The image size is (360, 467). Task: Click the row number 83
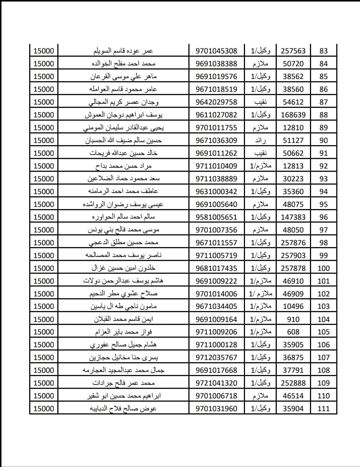323,51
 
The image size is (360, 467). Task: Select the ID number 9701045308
216,51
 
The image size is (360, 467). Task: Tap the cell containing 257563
293,51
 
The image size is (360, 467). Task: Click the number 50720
293,64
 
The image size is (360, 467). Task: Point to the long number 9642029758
216,102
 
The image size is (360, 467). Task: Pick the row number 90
323,140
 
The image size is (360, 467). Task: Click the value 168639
293,115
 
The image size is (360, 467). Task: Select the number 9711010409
216,166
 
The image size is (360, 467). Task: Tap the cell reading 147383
293,217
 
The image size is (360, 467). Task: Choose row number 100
323,268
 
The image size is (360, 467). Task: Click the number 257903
293,255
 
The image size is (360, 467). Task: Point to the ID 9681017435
216,268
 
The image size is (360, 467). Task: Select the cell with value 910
293,319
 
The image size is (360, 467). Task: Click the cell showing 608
293,332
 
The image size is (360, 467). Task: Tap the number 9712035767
216,357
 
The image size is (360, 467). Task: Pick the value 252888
293,383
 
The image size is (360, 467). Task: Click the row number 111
323,409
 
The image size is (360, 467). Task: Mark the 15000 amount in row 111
43,409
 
